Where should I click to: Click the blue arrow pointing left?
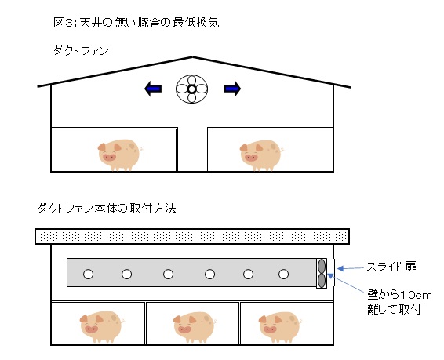153,89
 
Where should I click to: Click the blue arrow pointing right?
232,89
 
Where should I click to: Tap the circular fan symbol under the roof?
191,89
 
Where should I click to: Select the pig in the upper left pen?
119,155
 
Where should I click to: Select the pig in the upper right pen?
261,155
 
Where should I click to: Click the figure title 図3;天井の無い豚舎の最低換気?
136,23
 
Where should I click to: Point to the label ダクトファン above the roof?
81,51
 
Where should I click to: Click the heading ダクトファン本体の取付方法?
107,209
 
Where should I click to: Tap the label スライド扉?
391,267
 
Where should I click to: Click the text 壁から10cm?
399,295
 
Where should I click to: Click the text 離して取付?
394,309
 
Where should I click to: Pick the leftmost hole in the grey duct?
88,274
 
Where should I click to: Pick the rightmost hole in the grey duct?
283,274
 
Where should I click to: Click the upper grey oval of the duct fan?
322,266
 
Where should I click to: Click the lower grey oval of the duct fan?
322,280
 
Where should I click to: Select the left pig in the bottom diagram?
102,327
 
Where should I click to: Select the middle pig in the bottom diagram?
195,328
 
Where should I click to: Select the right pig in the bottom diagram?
281,328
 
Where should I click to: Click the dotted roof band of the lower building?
192,236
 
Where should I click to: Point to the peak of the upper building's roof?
192,57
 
